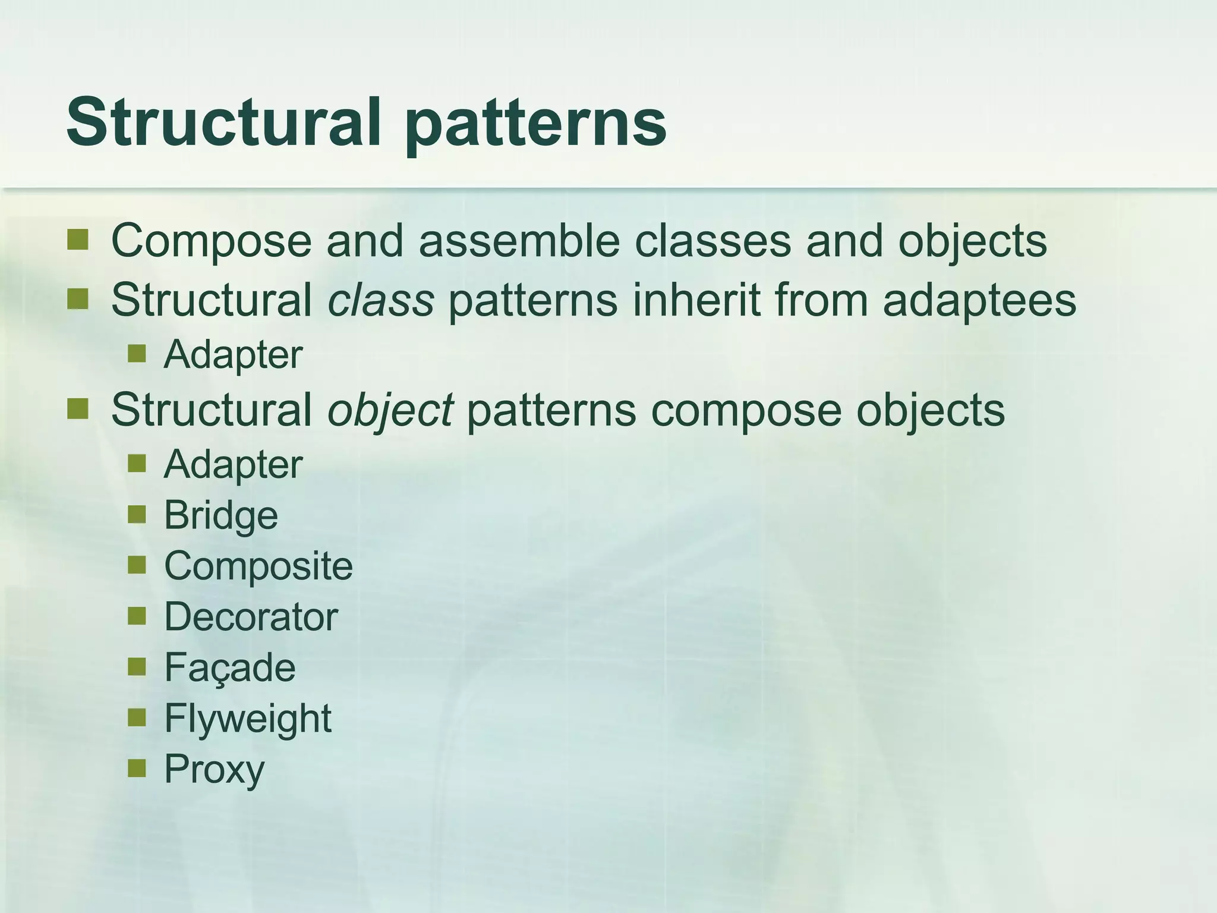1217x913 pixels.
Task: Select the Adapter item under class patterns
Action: pos(233,355)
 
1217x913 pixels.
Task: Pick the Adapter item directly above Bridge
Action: pos(233,465)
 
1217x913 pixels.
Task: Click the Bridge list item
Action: pos(220,515)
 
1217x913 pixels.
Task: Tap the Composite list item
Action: pos(258,566)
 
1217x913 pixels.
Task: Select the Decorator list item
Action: pos(251,617)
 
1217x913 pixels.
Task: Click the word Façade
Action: pos(229,668)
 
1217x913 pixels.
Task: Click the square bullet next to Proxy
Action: pos(137,768)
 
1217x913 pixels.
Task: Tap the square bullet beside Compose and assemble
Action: pos(77,240)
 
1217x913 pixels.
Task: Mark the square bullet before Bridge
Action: pos(137,514)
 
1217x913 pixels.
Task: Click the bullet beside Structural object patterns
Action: pos(77,409)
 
